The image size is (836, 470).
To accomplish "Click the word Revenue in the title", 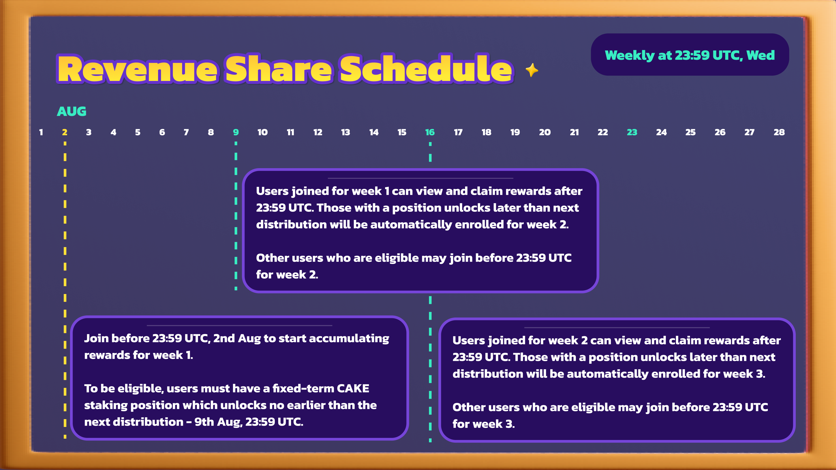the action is [138, 69].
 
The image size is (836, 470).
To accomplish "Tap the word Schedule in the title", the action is [426, 69].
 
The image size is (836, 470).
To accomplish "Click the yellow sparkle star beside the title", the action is [532, 70].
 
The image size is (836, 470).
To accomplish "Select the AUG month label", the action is [72, 111].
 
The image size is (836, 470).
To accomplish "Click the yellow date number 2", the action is [65, 132].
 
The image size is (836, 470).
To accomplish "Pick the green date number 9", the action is [236, 132].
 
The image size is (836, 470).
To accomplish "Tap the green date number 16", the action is [430, 132].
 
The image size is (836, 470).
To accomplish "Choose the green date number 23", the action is [632, 132].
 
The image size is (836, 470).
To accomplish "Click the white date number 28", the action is [779, 132].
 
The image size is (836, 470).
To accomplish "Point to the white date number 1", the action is [41, 132].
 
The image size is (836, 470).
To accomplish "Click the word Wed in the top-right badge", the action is [760, 55].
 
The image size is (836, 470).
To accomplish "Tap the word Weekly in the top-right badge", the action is [630, 55].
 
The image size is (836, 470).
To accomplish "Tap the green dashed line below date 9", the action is [236, 216].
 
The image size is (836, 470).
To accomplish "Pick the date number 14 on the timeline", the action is [374, 132].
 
